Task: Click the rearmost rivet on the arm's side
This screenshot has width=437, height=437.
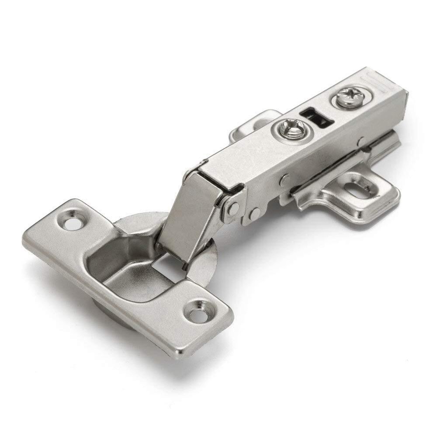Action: (x=361, y=141)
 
